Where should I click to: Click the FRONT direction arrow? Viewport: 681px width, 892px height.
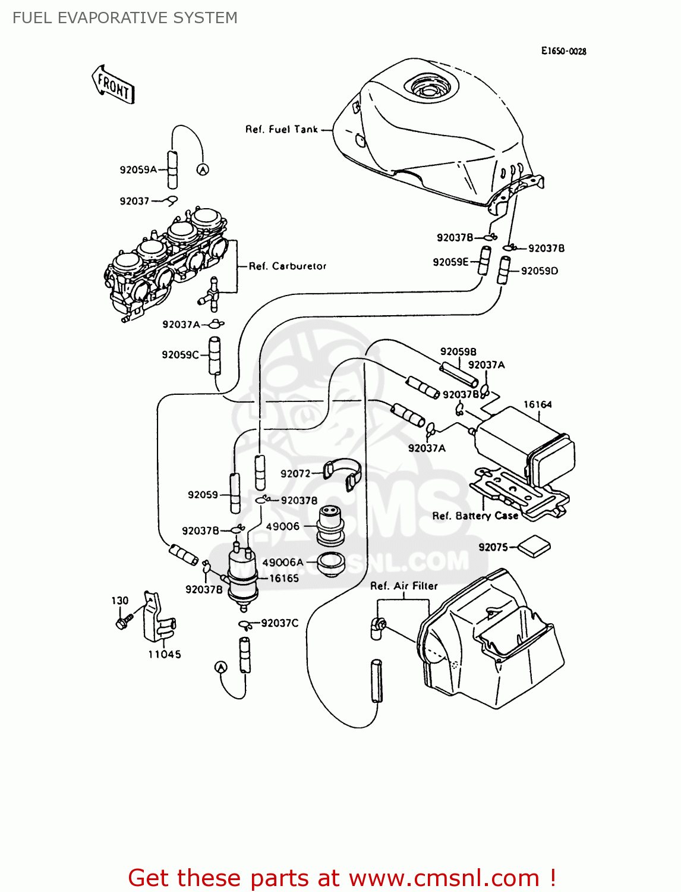113,85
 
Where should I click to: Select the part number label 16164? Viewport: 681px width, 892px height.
537,404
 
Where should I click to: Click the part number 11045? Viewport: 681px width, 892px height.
165,654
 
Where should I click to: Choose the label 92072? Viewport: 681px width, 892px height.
295,474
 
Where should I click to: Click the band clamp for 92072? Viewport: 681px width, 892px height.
345,473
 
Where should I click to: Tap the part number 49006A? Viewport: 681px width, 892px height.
283,562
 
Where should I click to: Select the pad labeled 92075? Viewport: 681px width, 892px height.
534,546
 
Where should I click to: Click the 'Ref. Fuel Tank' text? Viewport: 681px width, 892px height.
282,129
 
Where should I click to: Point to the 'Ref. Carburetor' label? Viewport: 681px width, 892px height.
288,266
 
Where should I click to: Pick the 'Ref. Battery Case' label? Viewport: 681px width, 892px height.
475,516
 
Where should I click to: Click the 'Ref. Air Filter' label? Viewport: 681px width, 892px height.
403,586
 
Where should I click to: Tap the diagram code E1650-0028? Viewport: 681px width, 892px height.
563,51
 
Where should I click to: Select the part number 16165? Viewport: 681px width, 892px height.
284,578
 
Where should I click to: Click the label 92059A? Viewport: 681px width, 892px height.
138,169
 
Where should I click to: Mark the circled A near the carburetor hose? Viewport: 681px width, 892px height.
203,170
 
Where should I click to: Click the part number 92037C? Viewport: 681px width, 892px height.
279,623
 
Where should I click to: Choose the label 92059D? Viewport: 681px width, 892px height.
540,271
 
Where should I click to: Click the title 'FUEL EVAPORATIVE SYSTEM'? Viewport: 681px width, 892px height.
125,18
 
